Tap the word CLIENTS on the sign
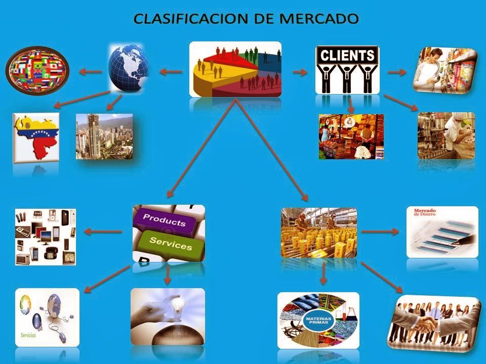pyautogui.click(x=347, y=55)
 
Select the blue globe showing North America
pyautogui.click(x=129, y=68)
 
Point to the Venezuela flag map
pyautogui.click(x=36, y=137)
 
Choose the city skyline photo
pyautogui.click(x=104, y=136)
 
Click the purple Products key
pyautogui.click(x=164, y=220)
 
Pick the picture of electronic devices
pyautogui.click(x=46, y=237)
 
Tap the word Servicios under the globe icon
pyautogui.click(x=28, y=335)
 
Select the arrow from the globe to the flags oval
pyautogui.click(x=91, y=72)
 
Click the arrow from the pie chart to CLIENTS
pyautogui.click(x=300, y=72)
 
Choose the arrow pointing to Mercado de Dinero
pyautogui.click(x=380, y=232)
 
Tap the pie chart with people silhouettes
pyautogui.click(x=235, y=69)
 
